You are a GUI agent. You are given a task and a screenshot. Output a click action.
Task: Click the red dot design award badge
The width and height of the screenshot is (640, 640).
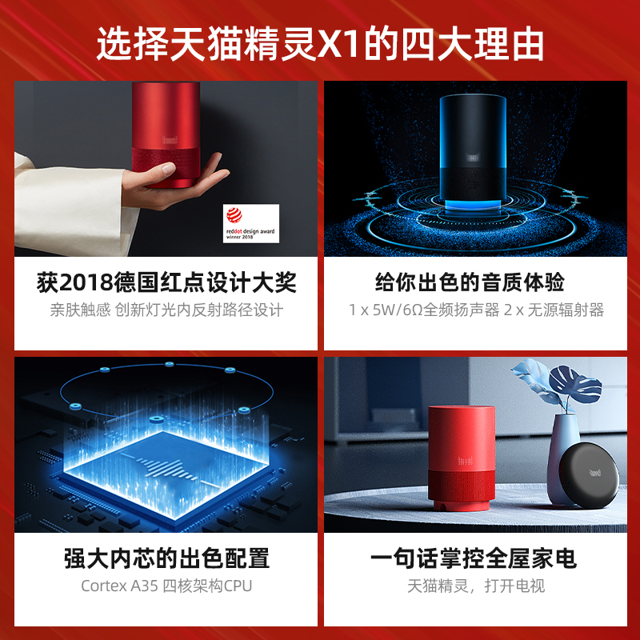pos(251,223)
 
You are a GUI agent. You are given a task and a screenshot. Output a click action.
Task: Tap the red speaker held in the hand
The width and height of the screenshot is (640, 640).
pos(166,135)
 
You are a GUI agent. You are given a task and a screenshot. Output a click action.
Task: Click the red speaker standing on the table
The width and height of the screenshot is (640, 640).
pos(461,458)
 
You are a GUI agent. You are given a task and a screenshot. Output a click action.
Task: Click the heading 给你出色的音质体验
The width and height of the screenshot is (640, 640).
pos(470,282)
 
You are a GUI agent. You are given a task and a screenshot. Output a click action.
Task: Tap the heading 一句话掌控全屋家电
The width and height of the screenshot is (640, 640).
pos(473,558)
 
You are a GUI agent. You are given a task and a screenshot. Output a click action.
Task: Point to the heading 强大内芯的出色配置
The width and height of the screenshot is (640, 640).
pos(167,558)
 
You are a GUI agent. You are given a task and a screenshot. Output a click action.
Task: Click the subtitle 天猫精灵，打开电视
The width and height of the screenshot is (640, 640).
pos(476,586)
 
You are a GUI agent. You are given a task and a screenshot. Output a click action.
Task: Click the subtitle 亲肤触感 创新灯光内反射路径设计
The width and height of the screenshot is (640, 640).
pos(167,310)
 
